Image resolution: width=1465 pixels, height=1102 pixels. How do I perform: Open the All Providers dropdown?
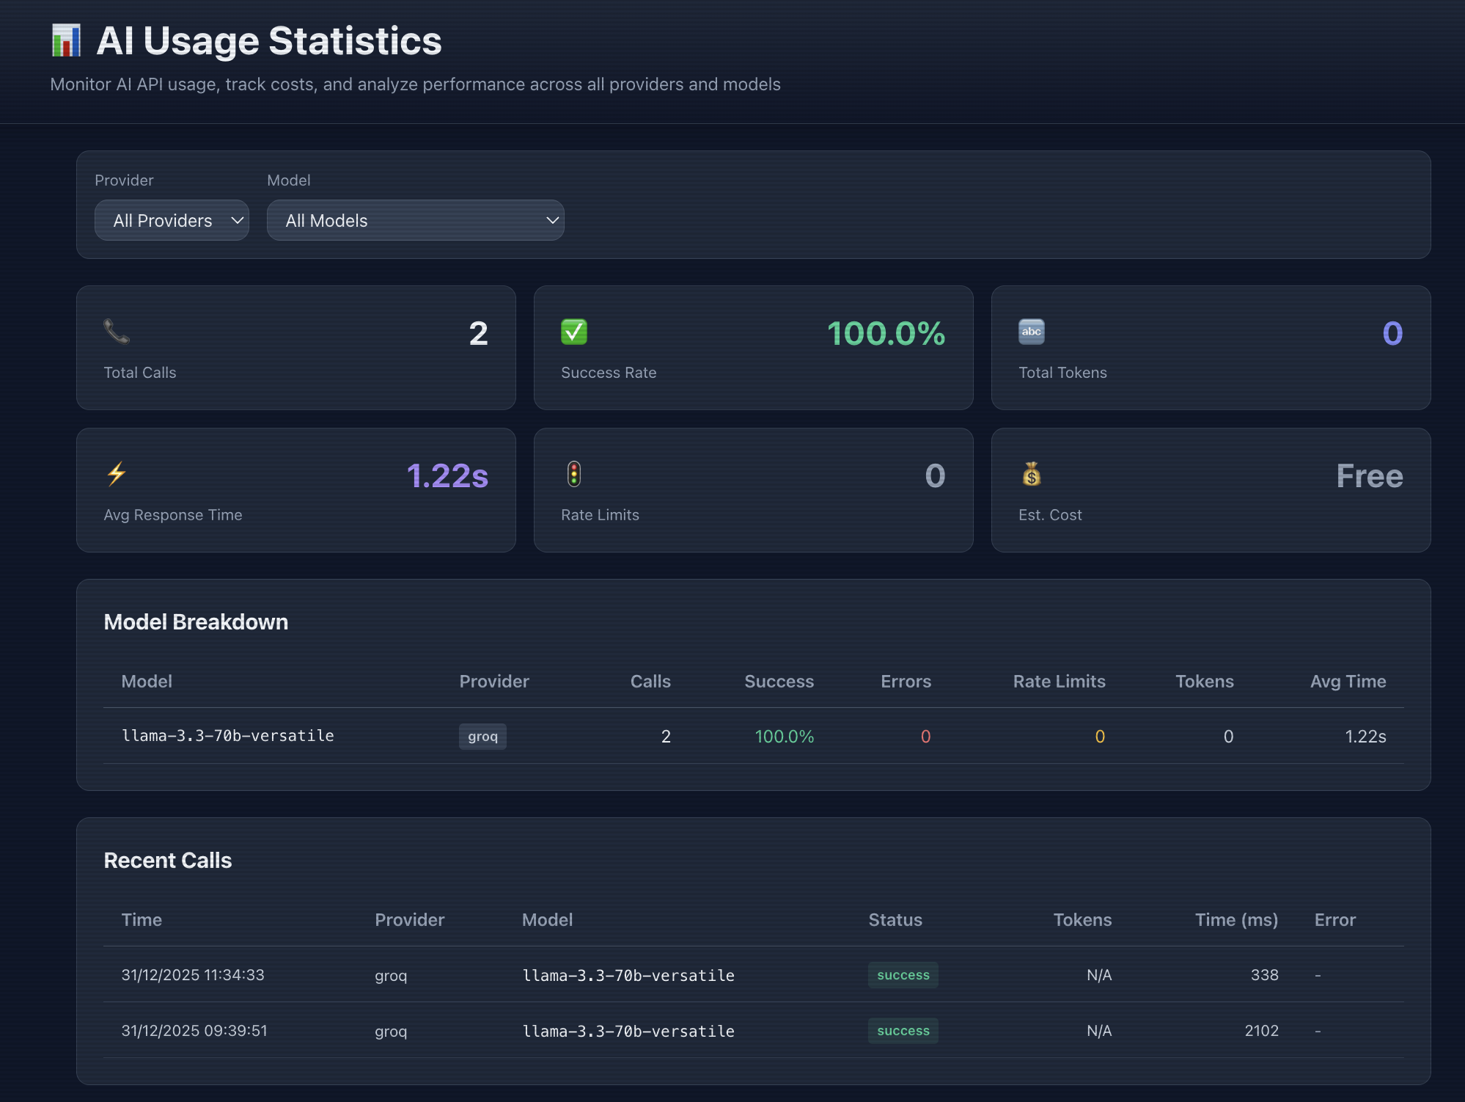172,220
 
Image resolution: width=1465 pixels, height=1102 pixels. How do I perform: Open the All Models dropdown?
415,220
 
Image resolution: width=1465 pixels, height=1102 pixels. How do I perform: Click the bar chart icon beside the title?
66,40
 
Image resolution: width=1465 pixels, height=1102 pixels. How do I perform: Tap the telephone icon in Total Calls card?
117,332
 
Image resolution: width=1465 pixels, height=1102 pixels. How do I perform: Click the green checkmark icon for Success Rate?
574,332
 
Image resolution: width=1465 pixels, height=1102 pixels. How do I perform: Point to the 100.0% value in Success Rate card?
886,333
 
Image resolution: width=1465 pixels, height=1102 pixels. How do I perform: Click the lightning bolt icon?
117,474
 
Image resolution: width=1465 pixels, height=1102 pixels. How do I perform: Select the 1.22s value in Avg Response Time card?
447,475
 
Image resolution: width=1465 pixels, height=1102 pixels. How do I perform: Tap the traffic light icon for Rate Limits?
574,474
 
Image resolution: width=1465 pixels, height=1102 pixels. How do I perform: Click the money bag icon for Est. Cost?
1032,474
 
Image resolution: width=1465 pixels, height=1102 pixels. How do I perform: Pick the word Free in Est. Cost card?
1370,475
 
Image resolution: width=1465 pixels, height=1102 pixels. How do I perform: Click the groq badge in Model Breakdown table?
482,736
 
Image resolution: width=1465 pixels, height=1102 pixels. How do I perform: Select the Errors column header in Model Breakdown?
906,681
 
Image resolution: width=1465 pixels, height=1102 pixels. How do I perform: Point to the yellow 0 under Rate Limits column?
1100,736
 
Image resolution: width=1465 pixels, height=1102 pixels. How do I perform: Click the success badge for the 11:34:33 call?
903,975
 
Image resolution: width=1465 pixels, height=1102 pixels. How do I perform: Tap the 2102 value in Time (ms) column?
1261,1031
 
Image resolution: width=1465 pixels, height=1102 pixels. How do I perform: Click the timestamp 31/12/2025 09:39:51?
194,1031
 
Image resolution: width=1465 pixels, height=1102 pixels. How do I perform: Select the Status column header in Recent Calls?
895,919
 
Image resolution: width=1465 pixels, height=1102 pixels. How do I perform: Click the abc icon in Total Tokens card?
1032,332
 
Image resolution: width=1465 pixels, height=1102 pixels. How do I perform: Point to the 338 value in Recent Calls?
1264,975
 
